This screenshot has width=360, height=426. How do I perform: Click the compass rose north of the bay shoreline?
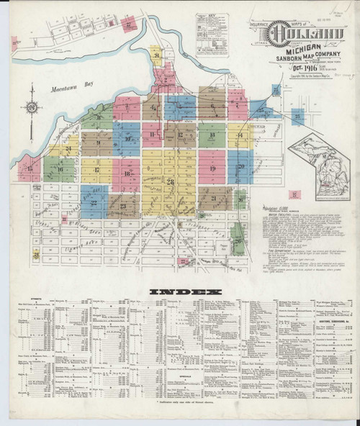click(33, 108)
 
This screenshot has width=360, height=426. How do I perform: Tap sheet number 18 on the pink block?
click(127, 173)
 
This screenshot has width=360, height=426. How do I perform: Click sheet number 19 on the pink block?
click(212, 168)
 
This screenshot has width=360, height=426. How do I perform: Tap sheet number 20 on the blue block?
click(241, 167)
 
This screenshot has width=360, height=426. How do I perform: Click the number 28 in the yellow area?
click(170, 181)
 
